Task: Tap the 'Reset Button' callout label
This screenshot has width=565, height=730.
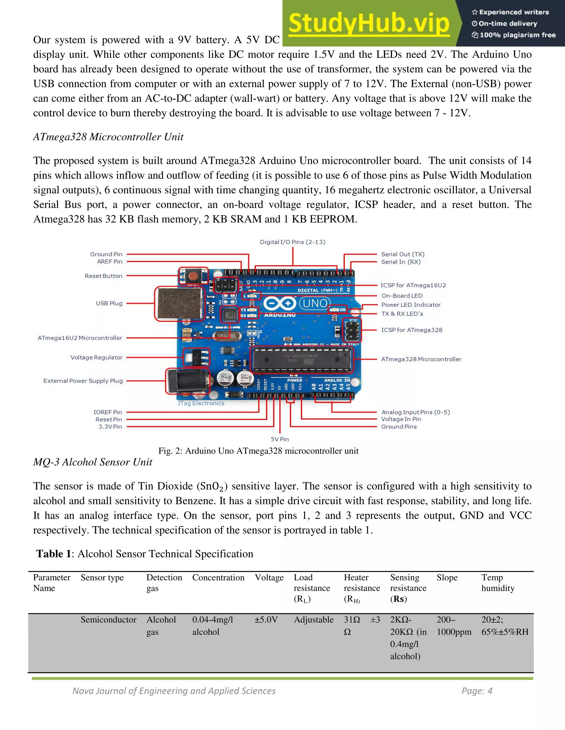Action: tap(103, 276)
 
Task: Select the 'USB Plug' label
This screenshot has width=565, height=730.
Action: tap(109, 304)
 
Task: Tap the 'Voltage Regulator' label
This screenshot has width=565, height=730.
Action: tap(96, 358)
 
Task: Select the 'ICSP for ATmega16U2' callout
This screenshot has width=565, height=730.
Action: tap(413, 285)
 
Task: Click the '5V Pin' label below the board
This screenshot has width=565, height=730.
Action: tap(280, 439)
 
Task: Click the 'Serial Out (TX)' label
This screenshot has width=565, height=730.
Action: tap(403, 254)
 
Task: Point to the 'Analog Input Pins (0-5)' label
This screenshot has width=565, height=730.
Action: tap(415, 412)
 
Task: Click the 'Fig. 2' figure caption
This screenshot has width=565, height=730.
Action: tap(258, 451)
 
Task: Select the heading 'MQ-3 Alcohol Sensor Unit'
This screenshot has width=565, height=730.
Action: tap(93, 462)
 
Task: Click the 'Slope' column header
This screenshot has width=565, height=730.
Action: tap(447, 578)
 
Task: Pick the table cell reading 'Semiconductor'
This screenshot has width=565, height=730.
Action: tap(108, 620)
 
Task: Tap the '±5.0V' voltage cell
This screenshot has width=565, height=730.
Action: tap(266, 620)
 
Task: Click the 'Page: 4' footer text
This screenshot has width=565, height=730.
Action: tap(477, 691)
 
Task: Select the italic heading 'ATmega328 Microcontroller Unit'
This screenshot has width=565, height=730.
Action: tap(108, 137)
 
